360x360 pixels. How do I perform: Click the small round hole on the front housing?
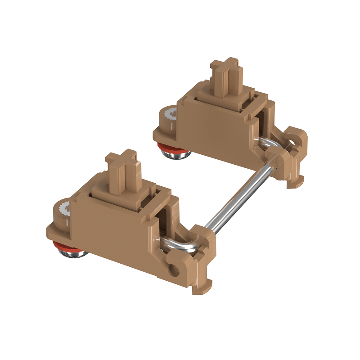pos(173,270)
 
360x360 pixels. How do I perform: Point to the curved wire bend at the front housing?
pos(178,245)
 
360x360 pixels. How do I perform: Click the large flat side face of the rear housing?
pos(211,130)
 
